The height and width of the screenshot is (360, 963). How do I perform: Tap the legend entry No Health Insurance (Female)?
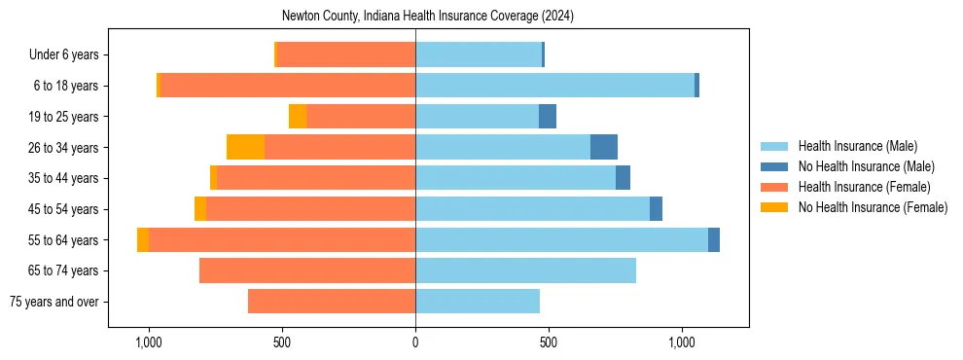click(x=873, y=207)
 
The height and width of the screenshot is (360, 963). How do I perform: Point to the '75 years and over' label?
click(x=53, y=302)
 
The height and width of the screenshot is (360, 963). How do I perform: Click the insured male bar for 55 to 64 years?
click(x=561, y=240)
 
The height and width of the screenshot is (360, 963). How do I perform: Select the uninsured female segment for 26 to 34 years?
click(x=245, y=148)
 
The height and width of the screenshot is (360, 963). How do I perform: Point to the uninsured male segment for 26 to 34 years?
click(x=604, y=148)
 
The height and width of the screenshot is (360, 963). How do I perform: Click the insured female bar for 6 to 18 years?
click(x=287, y=86)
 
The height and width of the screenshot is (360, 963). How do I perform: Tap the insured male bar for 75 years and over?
click(x=478, y=302)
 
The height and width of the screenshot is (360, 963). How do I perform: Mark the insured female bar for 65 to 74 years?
click(x=307, y=270)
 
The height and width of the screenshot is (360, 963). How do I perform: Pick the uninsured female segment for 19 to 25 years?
click(x=298, y=117)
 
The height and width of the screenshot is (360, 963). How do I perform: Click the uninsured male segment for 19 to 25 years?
click(x=548, y=117)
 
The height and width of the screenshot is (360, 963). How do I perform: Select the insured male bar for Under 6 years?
click(x=479, y=55)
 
